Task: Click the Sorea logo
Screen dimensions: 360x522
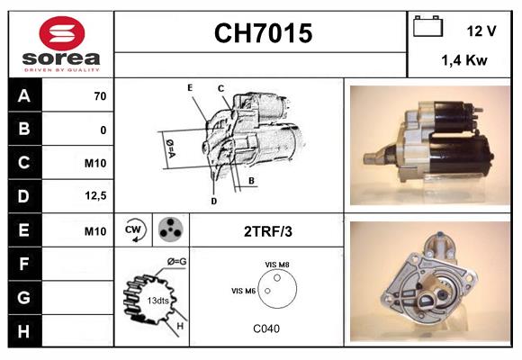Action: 61,43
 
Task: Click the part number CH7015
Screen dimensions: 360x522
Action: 262,34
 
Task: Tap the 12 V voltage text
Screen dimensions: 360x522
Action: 481,31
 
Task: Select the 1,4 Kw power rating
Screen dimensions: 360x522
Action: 464,61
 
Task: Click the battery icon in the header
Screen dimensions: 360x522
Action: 427,28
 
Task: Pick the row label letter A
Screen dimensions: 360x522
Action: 24,96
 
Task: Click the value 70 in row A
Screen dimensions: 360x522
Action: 99,96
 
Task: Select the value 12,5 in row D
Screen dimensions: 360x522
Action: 97,195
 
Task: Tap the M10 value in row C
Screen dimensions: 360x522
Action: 95,163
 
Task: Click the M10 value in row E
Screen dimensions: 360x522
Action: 95,230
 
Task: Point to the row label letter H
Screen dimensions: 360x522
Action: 24,330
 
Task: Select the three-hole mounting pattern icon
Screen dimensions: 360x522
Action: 169,230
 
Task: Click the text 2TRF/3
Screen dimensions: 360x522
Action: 267,231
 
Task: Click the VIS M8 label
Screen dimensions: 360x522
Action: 276,264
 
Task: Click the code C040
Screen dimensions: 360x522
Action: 267,328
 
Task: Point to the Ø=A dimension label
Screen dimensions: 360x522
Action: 170,145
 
